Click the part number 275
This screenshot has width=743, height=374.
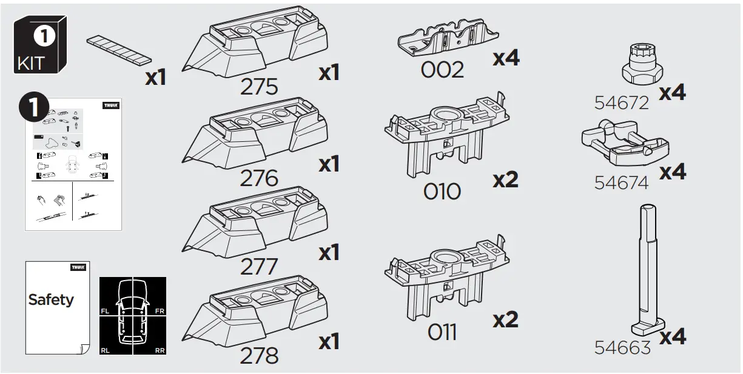259,87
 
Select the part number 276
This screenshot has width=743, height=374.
259,178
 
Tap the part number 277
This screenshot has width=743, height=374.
259,267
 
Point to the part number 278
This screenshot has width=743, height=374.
259,355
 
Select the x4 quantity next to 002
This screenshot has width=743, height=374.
506,58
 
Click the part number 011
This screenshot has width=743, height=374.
442,332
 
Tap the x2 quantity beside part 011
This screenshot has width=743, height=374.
505,319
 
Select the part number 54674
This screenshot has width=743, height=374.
621,182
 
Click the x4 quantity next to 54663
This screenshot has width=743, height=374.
672,336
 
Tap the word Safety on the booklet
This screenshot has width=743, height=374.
51,299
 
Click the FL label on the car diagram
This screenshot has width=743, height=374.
104,311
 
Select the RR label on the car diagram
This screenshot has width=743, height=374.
160,350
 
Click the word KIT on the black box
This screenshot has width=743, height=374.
32,64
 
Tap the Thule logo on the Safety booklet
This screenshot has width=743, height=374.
78,267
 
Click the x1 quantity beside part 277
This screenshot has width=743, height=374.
329,252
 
